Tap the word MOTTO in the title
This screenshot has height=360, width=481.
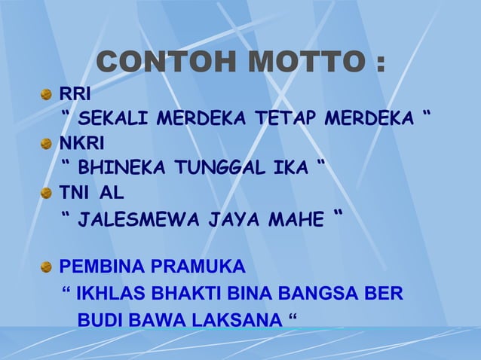coord(308,63)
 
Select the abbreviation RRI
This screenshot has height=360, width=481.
coord(75,95)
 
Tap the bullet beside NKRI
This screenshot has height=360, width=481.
coord(47,143)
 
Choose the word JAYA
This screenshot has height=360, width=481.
coord(226,221)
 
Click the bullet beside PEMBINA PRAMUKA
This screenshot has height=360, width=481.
coord(47,267)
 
